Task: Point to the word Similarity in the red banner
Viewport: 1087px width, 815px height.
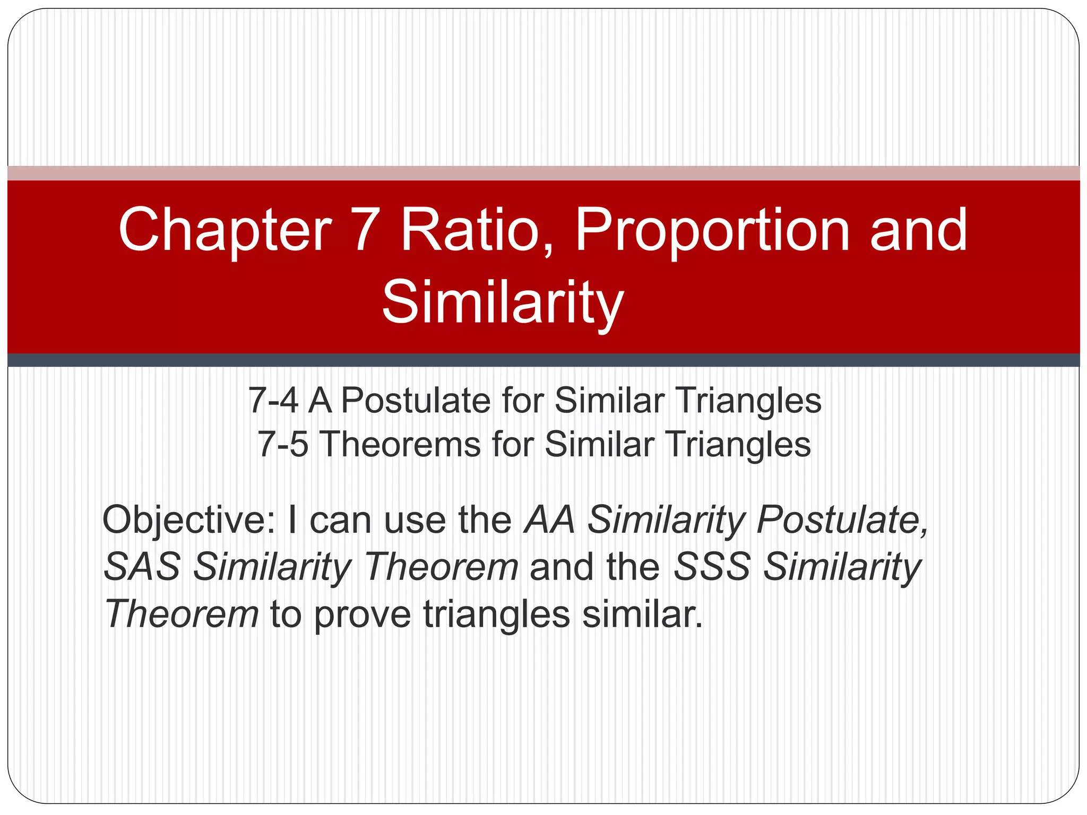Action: tap(502, 304)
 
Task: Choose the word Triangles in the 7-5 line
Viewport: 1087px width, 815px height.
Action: tap(738, 445)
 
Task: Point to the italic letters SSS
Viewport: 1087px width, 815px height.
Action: tap(711, 567)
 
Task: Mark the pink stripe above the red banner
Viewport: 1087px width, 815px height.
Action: tap(543, 173)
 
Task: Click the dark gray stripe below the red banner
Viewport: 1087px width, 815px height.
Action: tap(543, 360)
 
